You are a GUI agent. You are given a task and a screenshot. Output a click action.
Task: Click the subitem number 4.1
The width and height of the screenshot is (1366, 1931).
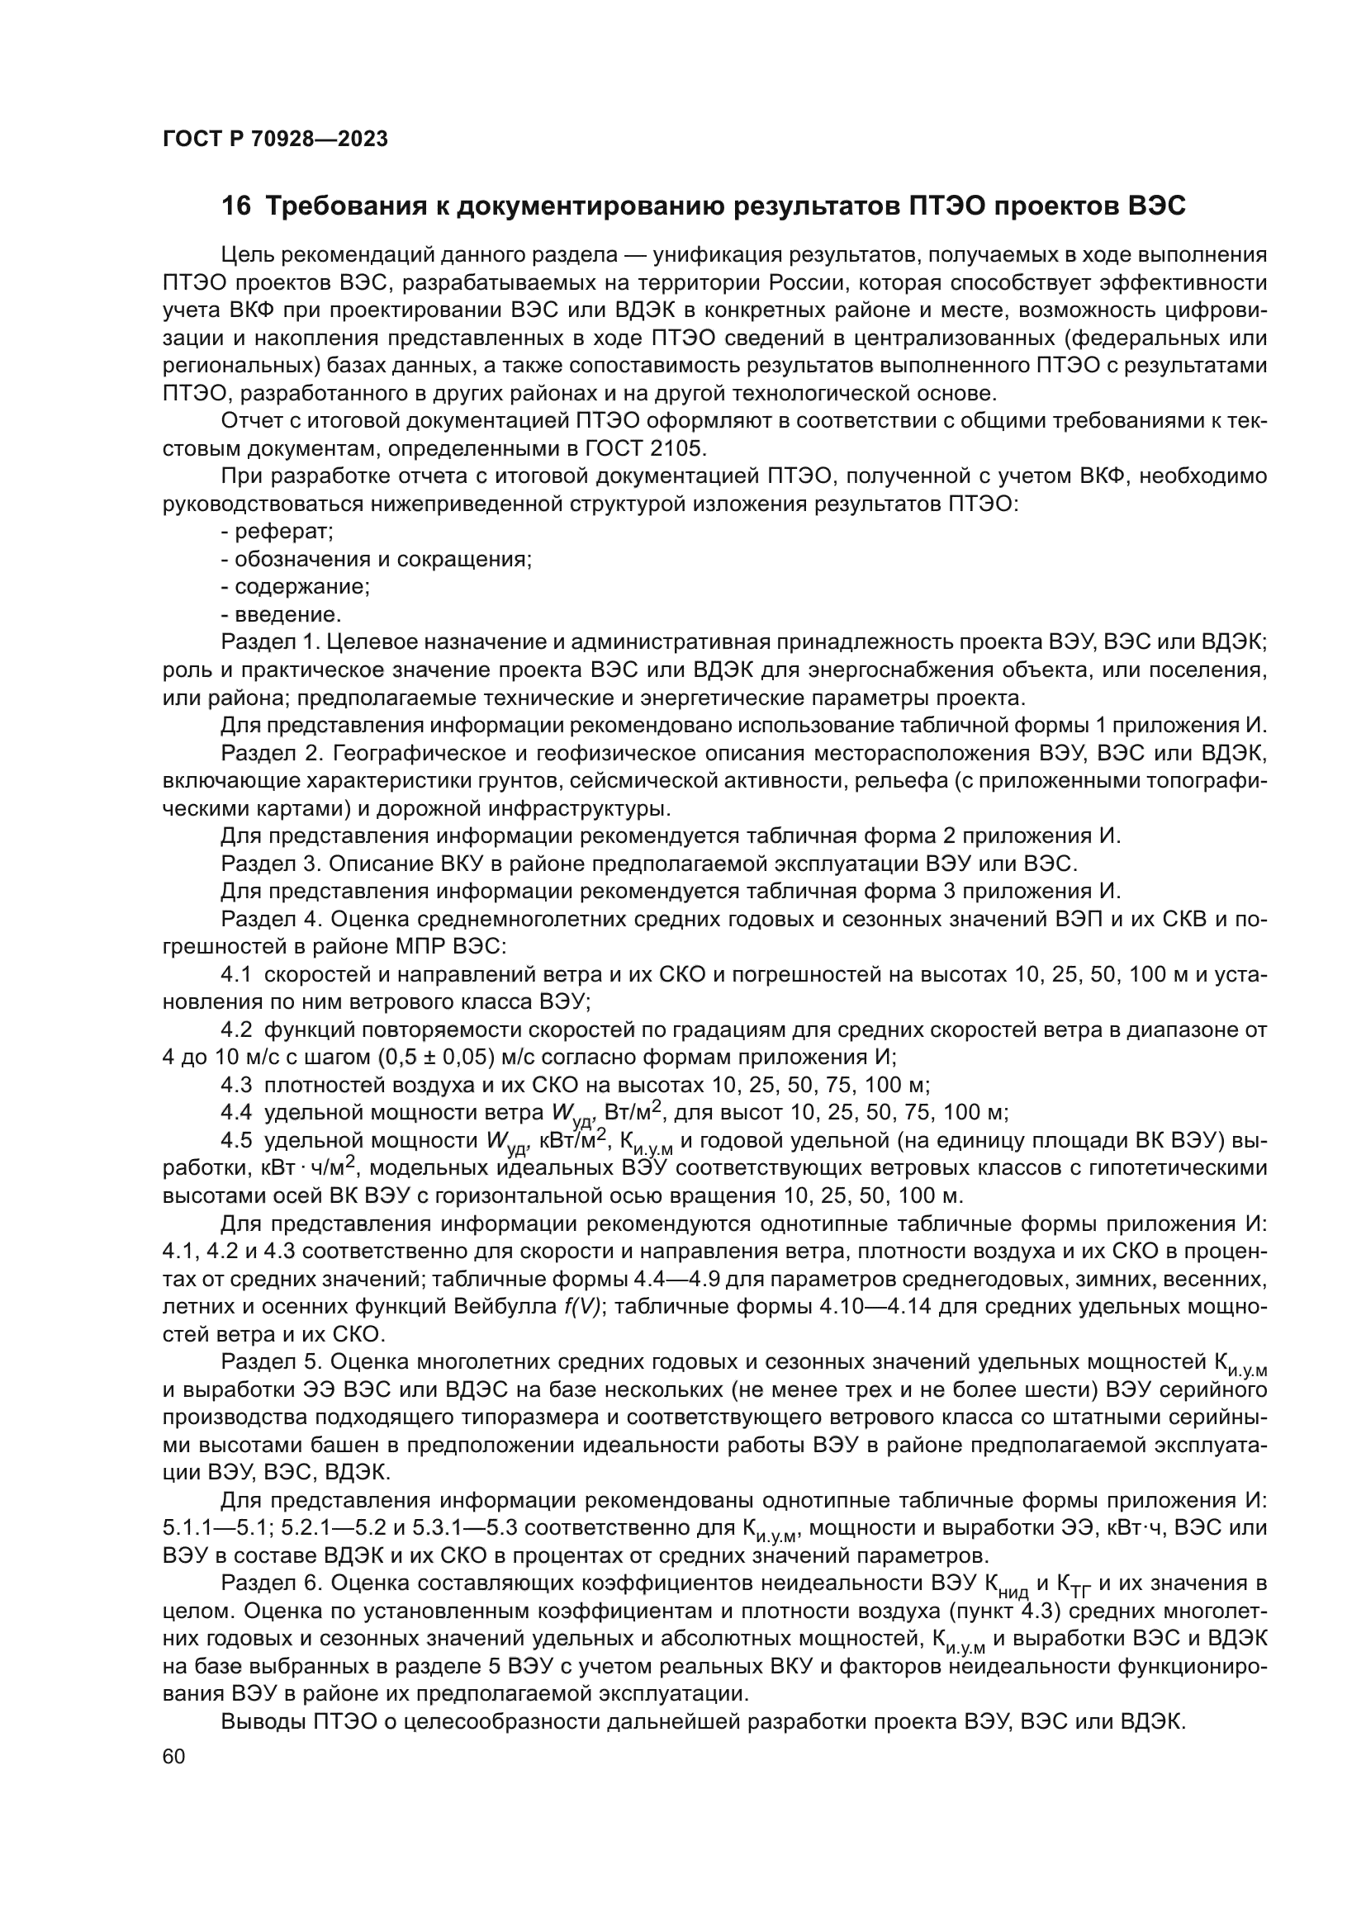click(236, 975)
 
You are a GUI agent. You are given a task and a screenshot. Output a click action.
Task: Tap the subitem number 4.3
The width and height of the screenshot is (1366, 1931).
click(236, 1085)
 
